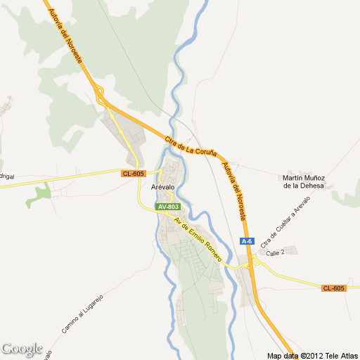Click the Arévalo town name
tap(163, 187)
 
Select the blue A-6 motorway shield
tap(247, 241)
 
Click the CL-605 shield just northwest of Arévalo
tap(132, 174)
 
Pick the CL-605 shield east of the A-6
tap(334, 288)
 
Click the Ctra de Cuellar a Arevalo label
tap(285, 222)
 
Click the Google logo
tap(21, 349)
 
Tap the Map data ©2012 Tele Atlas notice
tap(312, 355)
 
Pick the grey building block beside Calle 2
tap(291, 250)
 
